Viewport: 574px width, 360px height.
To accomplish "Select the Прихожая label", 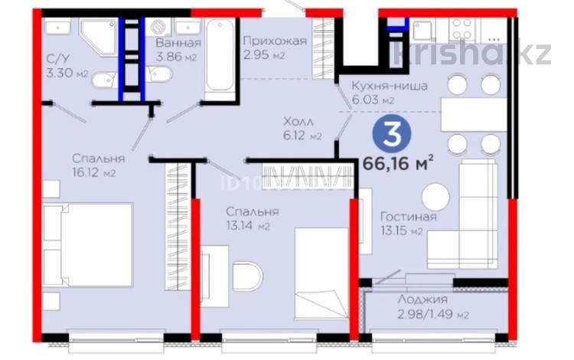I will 273,41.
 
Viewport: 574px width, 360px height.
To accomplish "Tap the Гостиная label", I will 409,216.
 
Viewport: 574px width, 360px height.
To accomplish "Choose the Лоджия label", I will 422,300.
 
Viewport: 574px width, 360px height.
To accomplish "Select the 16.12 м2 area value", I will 93,173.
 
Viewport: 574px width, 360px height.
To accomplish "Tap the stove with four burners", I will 461,29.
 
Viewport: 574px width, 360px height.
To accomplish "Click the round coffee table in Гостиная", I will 435,197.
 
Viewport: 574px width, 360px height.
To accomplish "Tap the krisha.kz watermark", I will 471,53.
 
